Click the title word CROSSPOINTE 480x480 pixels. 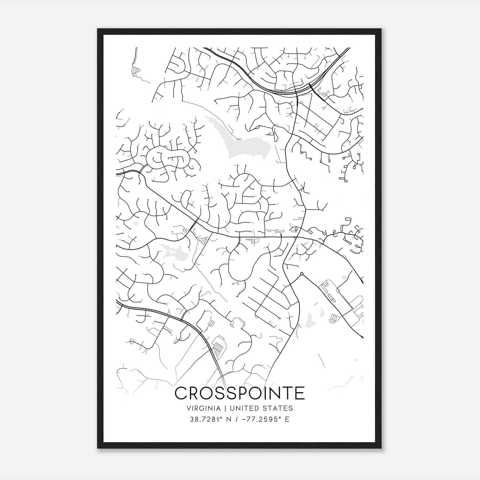(240, 393)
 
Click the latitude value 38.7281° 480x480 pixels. (206, 419)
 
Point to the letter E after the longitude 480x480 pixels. (287, 419)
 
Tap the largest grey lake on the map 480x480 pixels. (246, 144)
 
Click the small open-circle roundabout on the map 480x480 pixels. (302, 274)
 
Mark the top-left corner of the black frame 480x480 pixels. (98, 29)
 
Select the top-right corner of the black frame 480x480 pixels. (381, 29)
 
